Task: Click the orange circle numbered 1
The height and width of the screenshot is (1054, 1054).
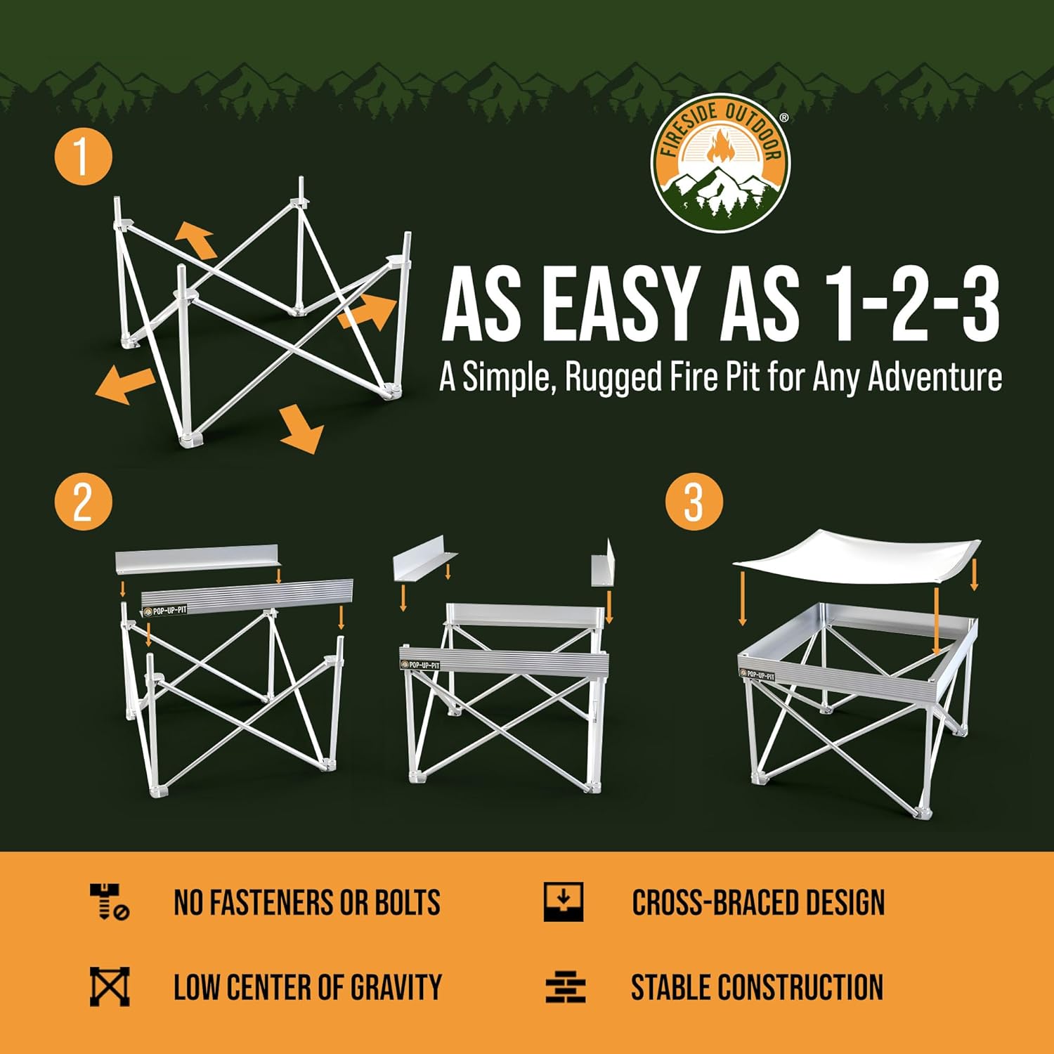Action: [x=83, y=155]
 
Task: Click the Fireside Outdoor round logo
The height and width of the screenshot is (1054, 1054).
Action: [x=720, y=163]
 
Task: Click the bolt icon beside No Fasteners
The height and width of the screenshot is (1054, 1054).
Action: [x=109, y=902]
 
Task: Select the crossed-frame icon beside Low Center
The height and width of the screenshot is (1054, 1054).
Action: [x=110, y=986]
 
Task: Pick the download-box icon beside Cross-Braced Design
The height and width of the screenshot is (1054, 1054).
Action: [x=564, y=902]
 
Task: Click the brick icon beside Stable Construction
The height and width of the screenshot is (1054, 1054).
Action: [x=566, y=987]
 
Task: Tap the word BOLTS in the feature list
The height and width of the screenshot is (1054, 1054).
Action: [x=407, y=903]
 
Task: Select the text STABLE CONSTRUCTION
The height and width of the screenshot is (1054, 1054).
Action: [x=757, y=987]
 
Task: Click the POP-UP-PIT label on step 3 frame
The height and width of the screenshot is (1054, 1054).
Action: [x=757, y=675]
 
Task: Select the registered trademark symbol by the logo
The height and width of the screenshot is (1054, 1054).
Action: [x=783, y=118]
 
